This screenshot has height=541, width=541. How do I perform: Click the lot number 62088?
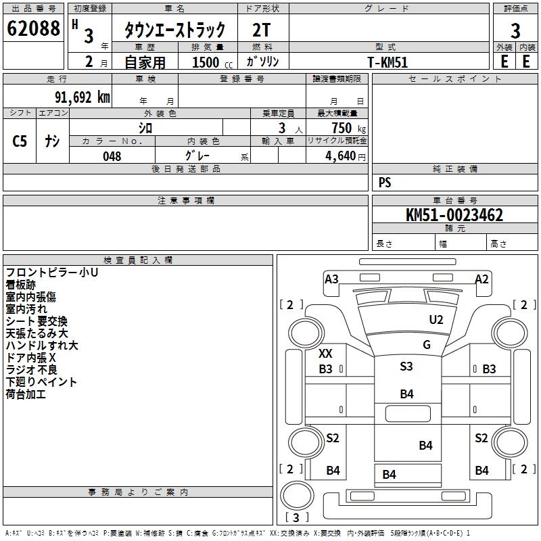tap(33, 29)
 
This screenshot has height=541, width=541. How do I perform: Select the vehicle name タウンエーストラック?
tap(174, 30)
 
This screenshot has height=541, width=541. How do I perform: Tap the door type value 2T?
tap(262, 30)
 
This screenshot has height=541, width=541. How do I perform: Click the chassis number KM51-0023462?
tap(454, 216)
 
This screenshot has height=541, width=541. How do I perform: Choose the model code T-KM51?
tap(388, 62)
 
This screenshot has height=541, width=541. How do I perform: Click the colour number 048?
tap(112, 156)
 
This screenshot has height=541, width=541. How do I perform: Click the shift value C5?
tap(20, 141)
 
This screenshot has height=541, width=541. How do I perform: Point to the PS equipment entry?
tap(385, 183)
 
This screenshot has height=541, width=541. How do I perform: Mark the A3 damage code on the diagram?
tap(331, 279)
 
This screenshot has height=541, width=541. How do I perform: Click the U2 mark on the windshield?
tap(436, 320)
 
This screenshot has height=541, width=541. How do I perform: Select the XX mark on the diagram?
tap(325, 354)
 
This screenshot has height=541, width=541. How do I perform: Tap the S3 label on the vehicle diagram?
tap(406, 367)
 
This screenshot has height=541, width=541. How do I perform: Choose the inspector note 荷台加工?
tap(26, 394)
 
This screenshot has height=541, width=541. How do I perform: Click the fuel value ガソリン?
tap(262, 62)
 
